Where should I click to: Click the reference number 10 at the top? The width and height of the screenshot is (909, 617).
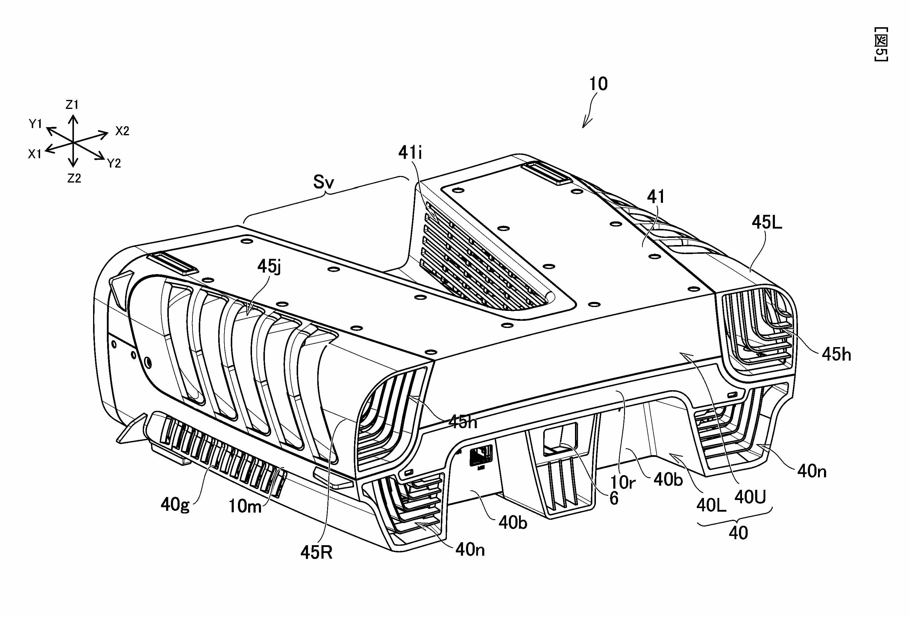pyautogui.click(x=598, y=84)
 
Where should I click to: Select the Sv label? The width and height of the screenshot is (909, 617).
pyautogui.click(x=324, y=182)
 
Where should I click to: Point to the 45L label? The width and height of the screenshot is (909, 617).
pyautogui.click(x=767, y=223)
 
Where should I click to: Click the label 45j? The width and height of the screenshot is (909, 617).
pyautogui.click(x=269, y=267)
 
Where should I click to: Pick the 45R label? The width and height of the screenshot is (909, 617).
pyautogui.click(x=316, y=552)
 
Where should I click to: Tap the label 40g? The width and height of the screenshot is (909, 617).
pyautogui.click(x=175, y=505)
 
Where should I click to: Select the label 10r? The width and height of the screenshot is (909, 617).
pyautogui.click(x=623, y=482)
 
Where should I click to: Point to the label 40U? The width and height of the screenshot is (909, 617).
pyautogui.click(x=750, y=497)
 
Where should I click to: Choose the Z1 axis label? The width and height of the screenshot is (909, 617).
pyautogui.click(x=72, y=105)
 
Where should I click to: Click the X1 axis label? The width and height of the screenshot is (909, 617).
pyautogui.click(x=34, y=154)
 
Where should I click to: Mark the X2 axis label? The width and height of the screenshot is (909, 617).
pyautogui.click(x=122, y=131)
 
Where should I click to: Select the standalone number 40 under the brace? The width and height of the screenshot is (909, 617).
pyautogui.click(x=738, y=533)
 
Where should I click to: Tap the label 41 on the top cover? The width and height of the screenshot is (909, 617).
pyautogui.click(x=656, y=197)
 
